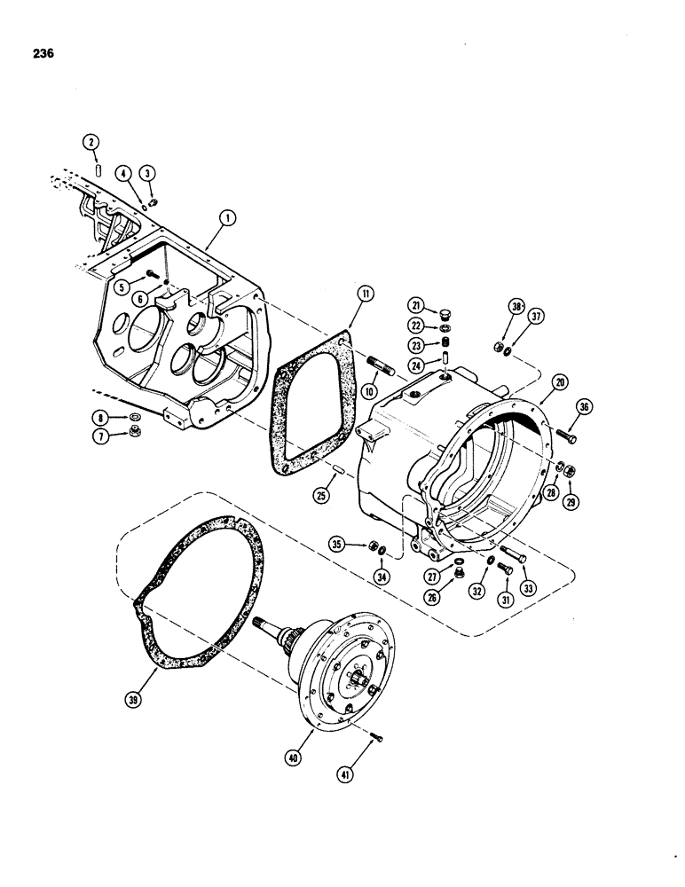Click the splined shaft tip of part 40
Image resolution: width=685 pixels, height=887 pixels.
(x=262, y=624)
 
